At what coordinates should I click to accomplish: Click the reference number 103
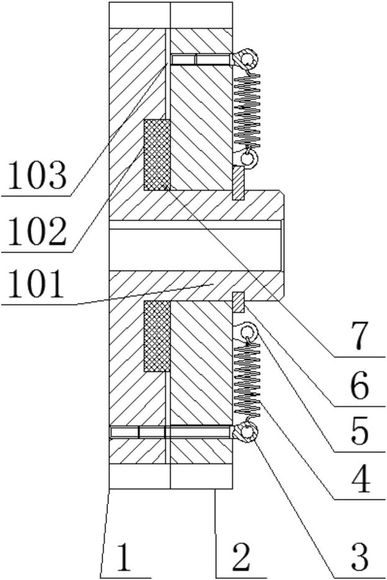point(35,176)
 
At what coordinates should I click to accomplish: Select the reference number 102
point(35,232)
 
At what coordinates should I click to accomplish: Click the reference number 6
point(359,388)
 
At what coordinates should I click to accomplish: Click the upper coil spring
point(247,109)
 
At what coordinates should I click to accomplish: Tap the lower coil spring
point(248,380)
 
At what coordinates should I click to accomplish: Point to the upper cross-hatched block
point(157,154)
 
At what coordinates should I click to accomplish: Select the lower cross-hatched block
point(157,336)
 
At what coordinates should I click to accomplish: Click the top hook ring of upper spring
point(250,60)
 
